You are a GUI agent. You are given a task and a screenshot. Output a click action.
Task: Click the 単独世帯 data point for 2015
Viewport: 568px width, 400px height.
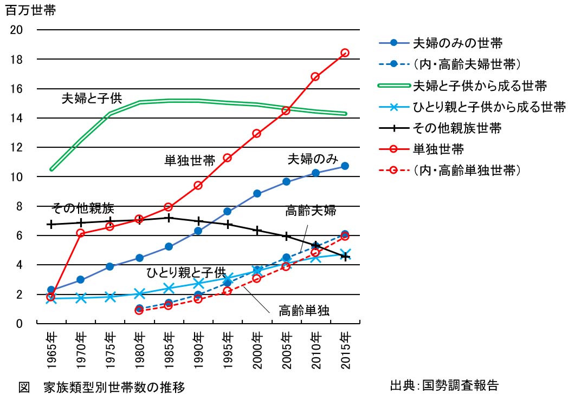(345, 53)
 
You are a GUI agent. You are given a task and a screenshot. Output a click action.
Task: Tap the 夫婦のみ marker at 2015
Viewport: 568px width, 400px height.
(345, 166)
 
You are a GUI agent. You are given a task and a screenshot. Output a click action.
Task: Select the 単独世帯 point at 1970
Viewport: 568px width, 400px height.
(80, 233)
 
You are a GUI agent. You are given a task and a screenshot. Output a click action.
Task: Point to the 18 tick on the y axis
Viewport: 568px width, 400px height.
(17, 59)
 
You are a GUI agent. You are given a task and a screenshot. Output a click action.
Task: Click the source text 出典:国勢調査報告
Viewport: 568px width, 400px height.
(444, 385)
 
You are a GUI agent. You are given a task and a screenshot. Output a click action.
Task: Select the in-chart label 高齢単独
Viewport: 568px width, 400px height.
(305, 311)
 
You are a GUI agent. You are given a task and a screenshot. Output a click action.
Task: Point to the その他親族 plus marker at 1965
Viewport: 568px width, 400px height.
(51, 224)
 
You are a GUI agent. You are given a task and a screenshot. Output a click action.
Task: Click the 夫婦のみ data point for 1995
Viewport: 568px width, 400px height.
(228, 211)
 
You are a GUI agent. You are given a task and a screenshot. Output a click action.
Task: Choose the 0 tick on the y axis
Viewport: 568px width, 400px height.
(19, 324)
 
